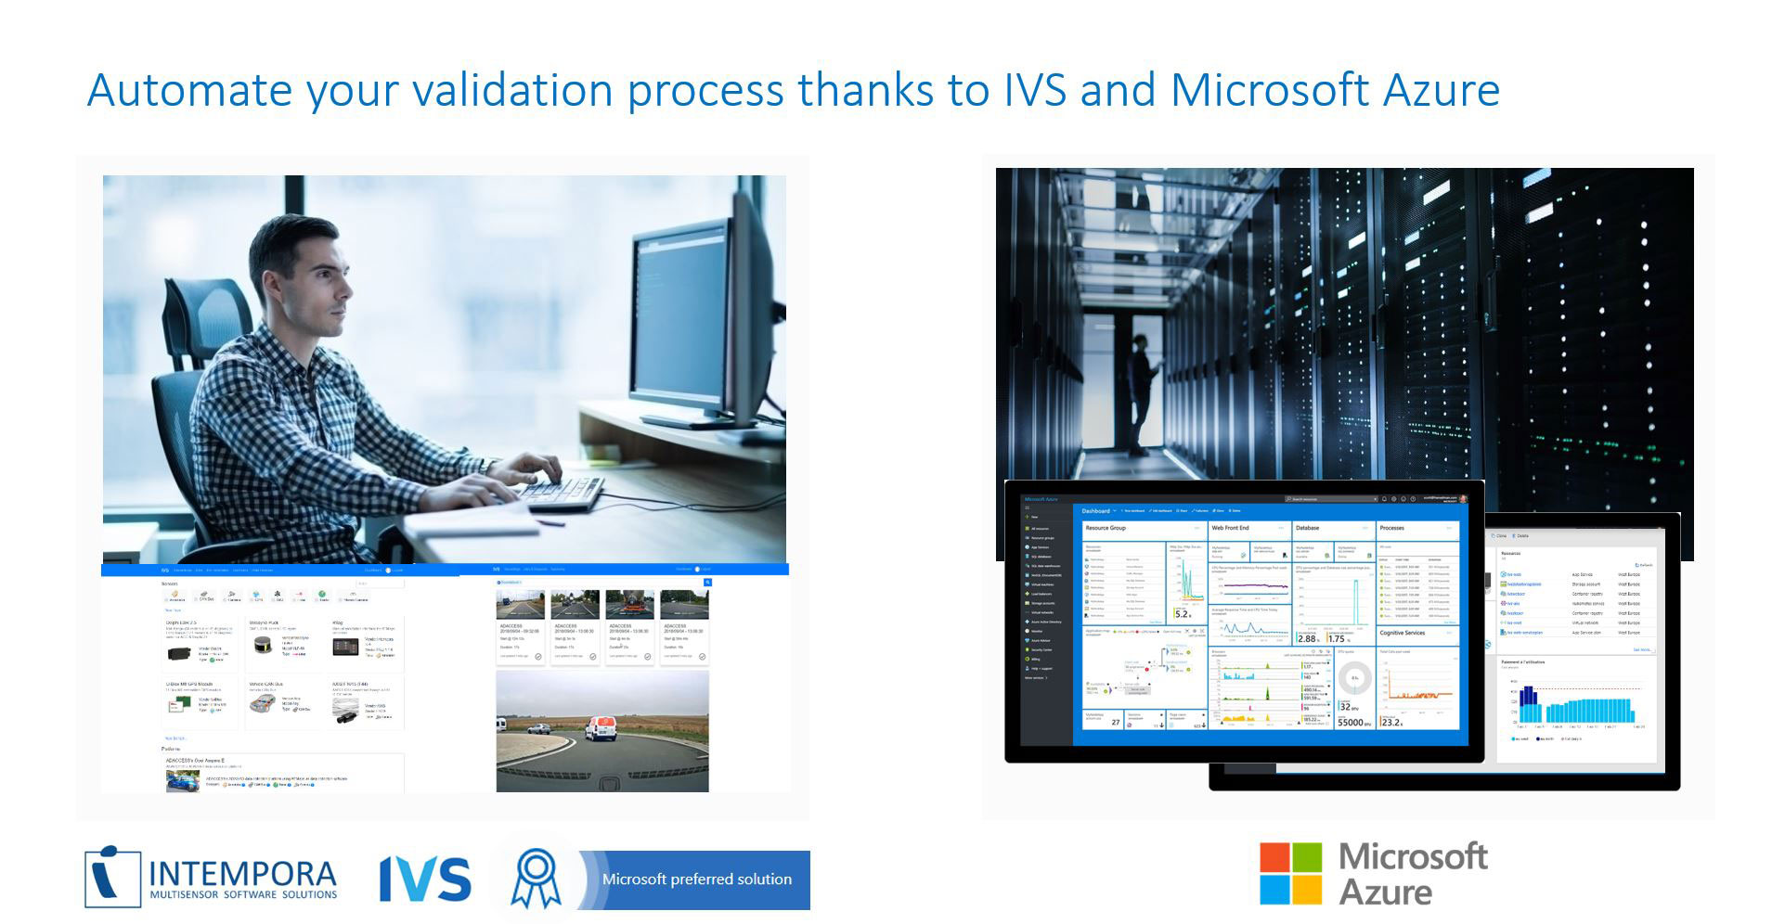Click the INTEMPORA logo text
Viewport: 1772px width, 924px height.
point(242,875)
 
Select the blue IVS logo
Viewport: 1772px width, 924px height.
point(424,879)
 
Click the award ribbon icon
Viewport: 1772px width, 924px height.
point(536,879)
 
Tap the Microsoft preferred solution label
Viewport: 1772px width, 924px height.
point(696,879)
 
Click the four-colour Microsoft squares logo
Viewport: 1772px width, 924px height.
point(1289,873)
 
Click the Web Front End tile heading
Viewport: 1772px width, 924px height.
point(1230,528)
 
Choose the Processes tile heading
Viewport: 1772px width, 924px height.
point(1391,528)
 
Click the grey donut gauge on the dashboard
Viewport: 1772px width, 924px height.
point(1354,678)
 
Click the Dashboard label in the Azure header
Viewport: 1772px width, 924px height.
point(1095,511)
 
